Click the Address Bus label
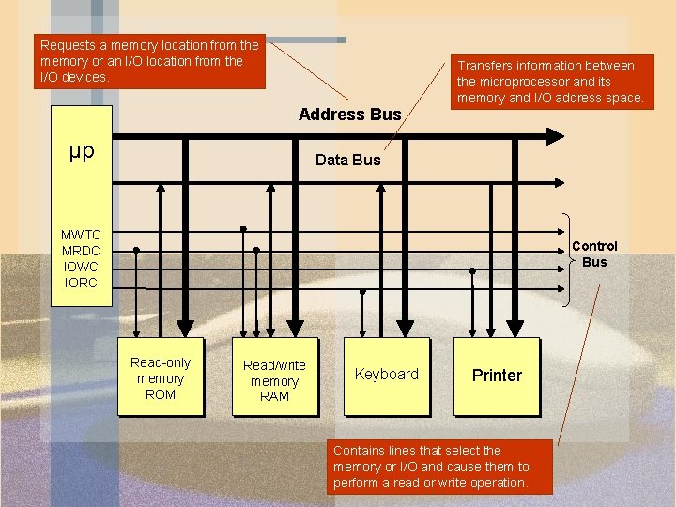(x=349, y=115)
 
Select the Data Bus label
(x=347, y=160)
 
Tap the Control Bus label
(x=594, y=254)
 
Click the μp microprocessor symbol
(x=82, y=151)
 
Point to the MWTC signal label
(x=81, y=235)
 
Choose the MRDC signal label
(x=81, y=251)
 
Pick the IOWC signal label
(x=81, y=267)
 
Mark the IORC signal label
(x=81, y=283)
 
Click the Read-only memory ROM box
(x=160, y=376)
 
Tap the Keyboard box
(x=386, y=376)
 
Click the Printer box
(x=497, y=376)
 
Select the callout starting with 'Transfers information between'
(x=550, y=82)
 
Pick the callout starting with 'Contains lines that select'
(x=440, y=467)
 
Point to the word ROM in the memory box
(x=161, y=394)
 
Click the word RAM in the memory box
(x=274, y=396)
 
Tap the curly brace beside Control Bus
(x=571, y=259)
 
